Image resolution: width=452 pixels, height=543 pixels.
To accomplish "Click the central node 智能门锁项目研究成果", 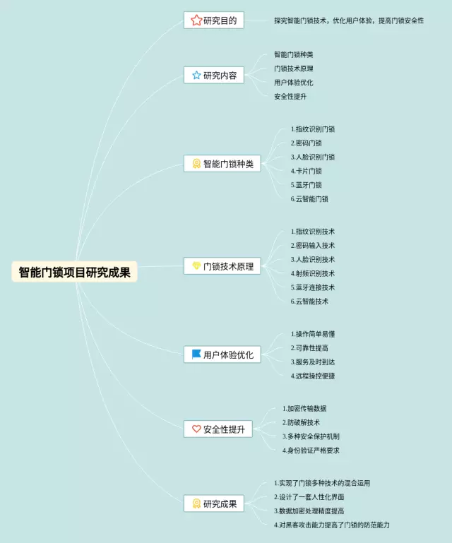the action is [74, 273].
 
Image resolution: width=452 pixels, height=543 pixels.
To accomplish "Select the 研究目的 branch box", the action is [215, 20].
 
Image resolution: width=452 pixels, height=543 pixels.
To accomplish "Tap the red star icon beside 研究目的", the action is [196, 20].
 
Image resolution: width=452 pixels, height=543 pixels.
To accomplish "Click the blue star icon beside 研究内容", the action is [196, 75].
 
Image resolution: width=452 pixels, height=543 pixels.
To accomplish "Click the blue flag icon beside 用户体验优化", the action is [196, 354].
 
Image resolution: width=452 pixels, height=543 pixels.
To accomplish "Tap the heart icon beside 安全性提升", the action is [196, 429].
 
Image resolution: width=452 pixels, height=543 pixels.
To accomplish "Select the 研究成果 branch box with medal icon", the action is [215, 503].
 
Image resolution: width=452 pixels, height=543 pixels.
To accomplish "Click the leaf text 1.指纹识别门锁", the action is [313, 129].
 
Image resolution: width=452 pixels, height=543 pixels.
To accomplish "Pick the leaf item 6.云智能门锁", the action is [309, 199].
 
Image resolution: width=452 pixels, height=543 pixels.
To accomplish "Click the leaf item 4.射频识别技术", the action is [313, 273].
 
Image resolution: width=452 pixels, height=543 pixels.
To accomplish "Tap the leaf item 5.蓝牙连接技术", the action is [313, 287].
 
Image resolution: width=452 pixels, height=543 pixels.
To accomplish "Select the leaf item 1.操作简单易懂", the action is [313, 334].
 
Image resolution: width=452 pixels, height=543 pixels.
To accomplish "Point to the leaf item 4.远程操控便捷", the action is [313, 376].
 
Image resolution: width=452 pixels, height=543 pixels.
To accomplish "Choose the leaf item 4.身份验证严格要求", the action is [311, 450].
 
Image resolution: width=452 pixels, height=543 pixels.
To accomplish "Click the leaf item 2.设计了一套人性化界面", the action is [317, 497].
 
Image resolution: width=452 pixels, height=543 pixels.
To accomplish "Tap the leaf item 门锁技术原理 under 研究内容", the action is [294, 68].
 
